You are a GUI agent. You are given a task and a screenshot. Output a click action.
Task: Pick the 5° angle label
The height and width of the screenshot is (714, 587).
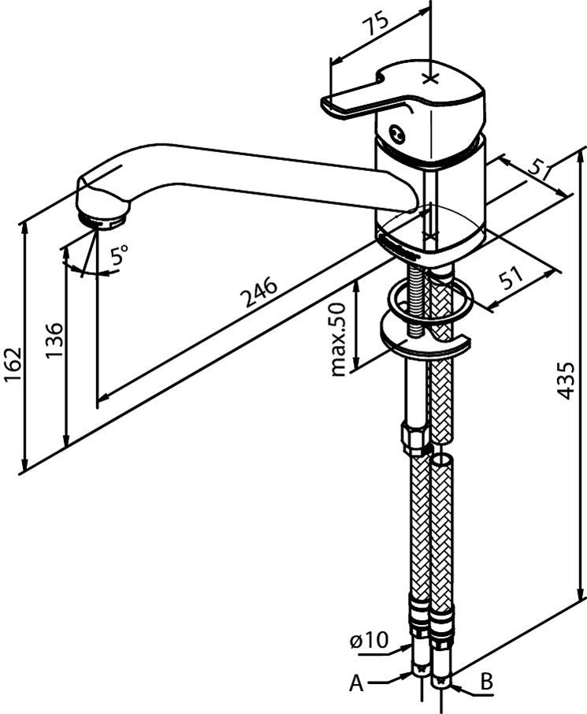coord(119,255)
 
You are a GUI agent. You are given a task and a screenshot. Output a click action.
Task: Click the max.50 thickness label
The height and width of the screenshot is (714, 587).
coord(340,339)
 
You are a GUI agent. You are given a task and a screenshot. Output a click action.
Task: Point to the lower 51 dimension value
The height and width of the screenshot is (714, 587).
coord(513,277)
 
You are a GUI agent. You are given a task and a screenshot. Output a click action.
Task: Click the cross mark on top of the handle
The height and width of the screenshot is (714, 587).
coord(430,77)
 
